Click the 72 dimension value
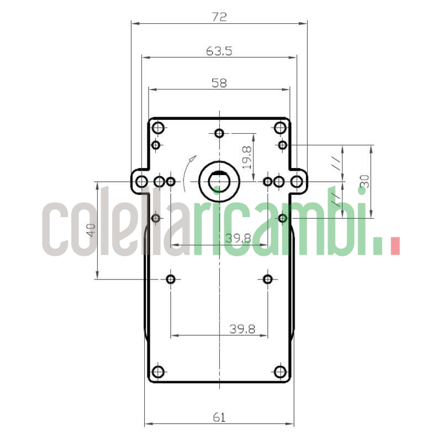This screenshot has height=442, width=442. tap(219, 17)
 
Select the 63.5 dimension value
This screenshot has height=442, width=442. tap(219, 51)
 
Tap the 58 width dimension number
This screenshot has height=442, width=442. tap(219, 83)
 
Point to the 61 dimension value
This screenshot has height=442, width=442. tap(219, 418)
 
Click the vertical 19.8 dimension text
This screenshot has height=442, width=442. tap(247, 157)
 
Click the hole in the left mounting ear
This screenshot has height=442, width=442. tap(142, 181)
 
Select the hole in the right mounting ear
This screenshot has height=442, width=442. tap(297, 181)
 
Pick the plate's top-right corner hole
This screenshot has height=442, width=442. tap(280, 128)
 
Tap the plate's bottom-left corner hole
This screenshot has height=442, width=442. tap(159, 372)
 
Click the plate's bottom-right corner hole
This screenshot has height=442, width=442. tap(280, 372)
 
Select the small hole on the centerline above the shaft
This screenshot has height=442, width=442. tap(219, 133)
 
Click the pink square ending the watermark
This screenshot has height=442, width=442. tap(394, 246)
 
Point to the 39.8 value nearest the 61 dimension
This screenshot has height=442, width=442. tap(242, 329)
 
